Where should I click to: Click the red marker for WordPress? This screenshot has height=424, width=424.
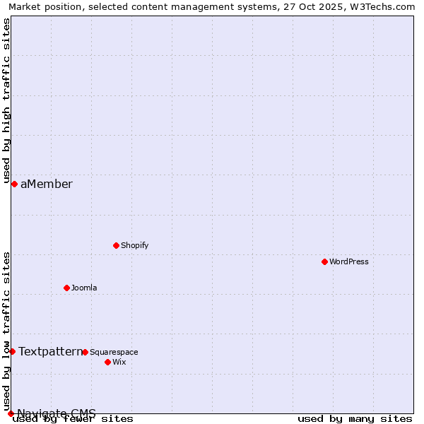pos(324,261)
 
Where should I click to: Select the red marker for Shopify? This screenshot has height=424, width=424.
pos(116,245)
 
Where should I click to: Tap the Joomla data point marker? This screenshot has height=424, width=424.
pos(66,288)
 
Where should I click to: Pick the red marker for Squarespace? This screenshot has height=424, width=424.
pos(85,352)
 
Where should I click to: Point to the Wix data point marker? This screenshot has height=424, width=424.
pos(107,362)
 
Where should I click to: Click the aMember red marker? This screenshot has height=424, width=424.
pos(14,184)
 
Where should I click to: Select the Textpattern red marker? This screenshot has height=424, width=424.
pos(12,351)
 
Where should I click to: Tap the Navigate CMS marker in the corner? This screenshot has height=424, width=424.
pos(11,413)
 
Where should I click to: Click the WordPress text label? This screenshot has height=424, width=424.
pos(349,261)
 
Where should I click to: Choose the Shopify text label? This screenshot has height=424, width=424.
pos(134,245)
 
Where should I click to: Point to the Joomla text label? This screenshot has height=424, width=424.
pos(84,288)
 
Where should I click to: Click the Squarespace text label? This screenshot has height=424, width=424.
pos(114,352)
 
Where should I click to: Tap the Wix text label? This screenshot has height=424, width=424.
pos(119,362)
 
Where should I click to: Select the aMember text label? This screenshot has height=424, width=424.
pos(47,184)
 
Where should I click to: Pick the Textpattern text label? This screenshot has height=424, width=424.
pos(50,351)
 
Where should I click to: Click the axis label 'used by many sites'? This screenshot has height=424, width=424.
pos(355,418)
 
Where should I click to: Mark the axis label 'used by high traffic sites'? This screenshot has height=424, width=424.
pos(6,100)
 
